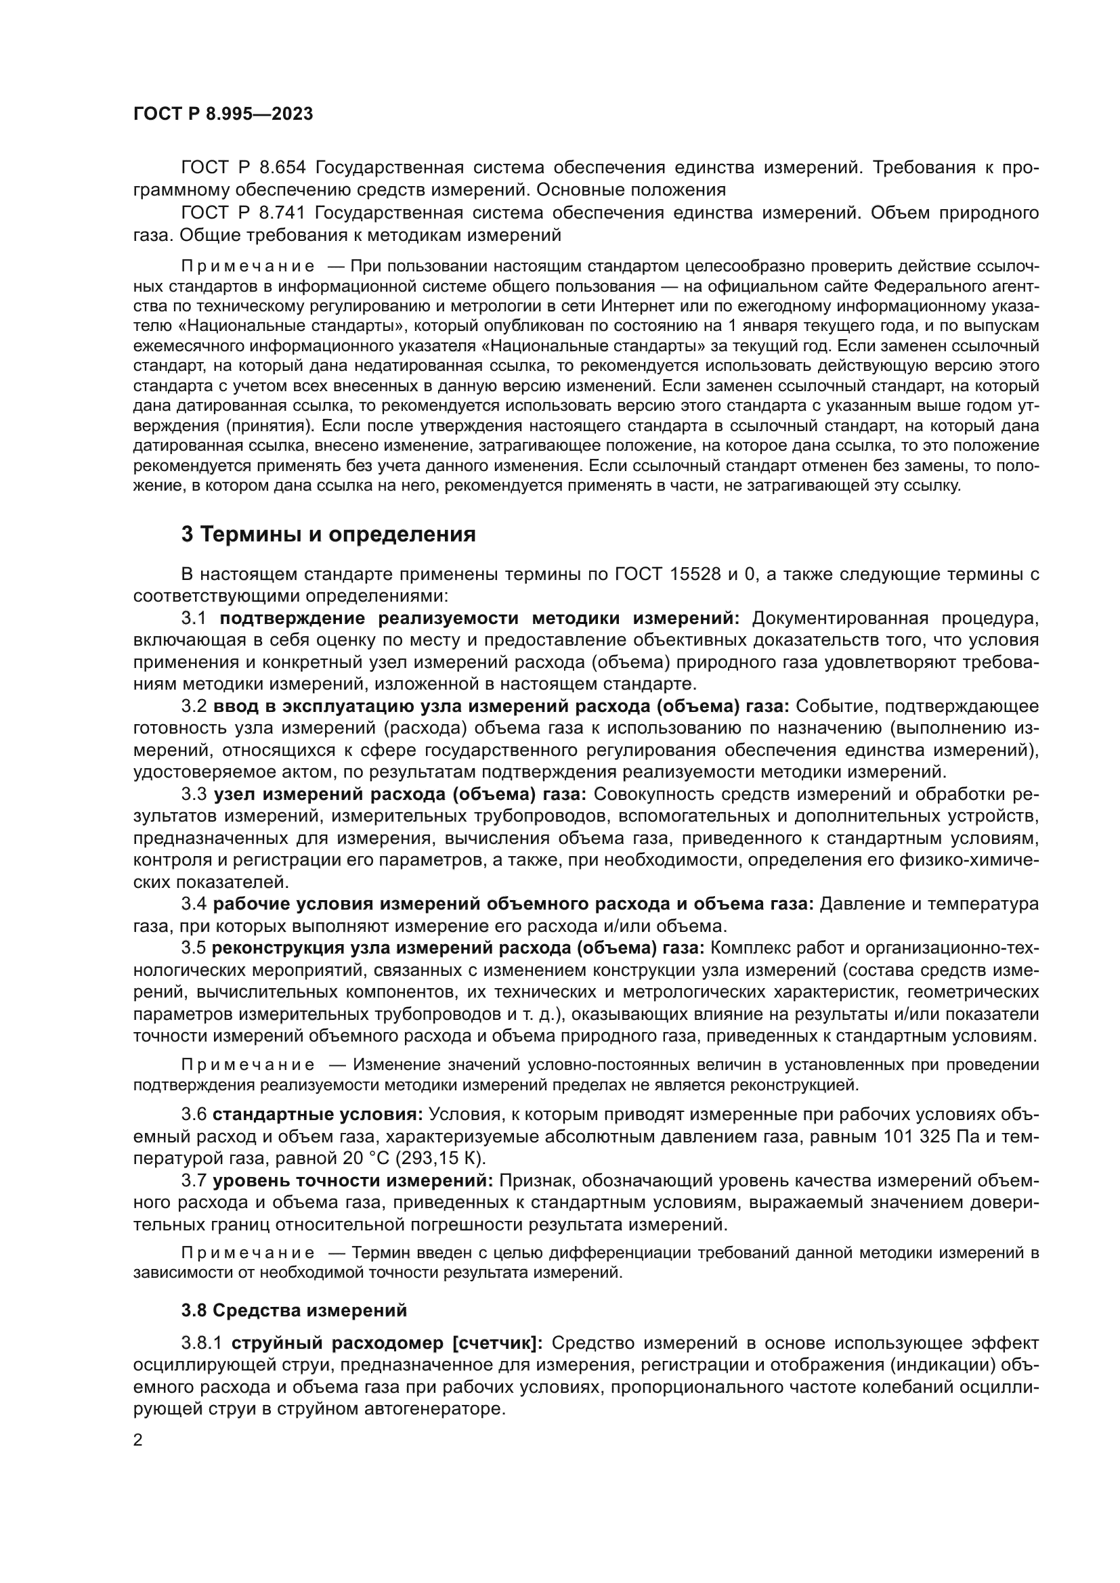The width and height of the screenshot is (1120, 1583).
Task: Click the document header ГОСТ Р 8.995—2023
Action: point(223,114)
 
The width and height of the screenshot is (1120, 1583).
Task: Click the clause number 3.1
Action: point(194,618)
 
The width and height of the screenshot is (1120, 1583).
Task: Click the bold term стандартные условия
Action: point(317,1115)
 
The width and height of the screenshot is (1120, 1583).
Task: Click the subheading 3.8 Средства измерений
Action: point(294,1310)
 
